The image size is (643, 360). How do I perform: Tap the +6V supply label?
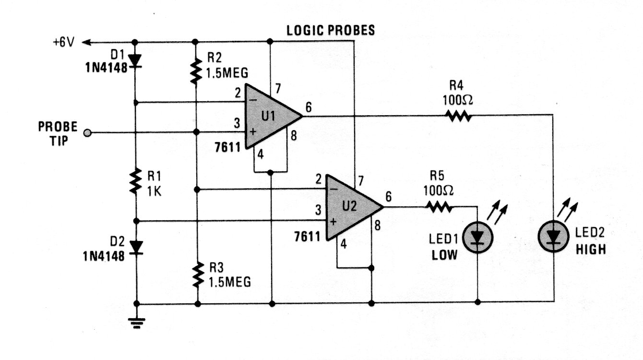pos(64,42)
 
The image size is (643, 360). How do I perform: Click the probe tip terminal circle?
pos(87,132)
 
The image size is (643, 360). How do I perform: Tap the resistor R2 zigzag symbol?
pos(196,72)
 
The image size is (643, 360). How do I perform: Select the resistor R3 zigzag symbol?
pos(196,275)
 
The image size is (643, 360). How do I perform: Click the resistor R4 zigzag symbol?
pos(458,116)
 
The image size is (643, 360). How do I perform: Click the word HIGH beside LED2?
pos(590,250)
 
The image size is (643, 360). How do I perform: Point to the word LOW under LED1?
pos(444,255)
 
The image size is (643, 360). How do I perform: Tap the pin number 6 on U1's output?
pos(309,108)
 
